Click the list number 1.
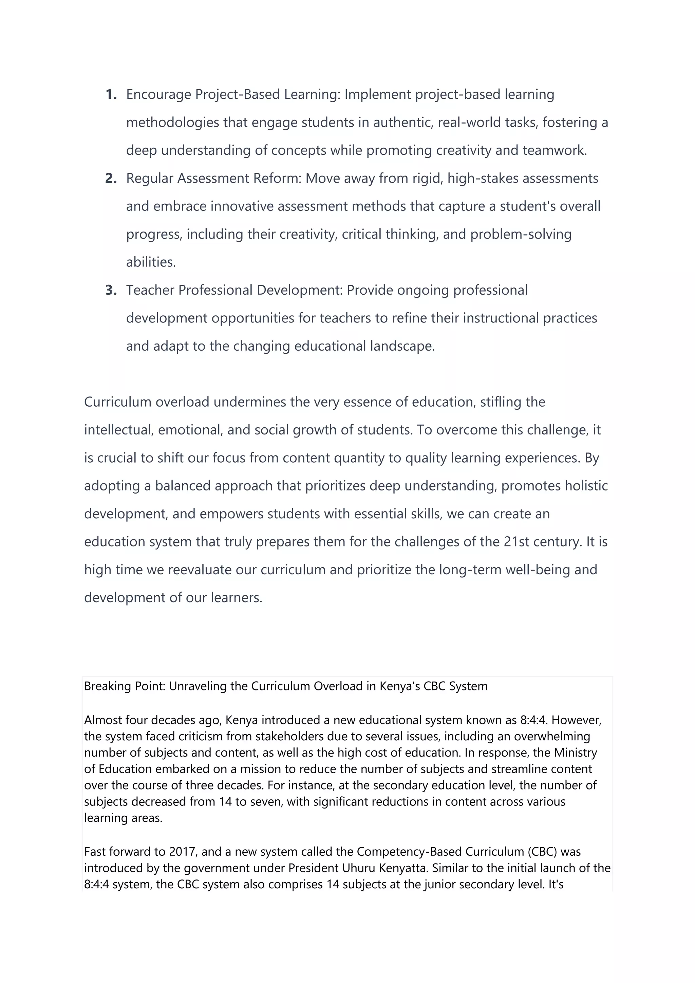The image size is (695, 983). click(x=111, y=95)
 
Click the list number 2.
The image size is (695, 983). click(x=111, y=179)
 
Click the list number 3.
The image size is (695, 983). click(x=111, y=290)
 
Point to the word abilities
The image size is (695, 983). click(x=151, y=262)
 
